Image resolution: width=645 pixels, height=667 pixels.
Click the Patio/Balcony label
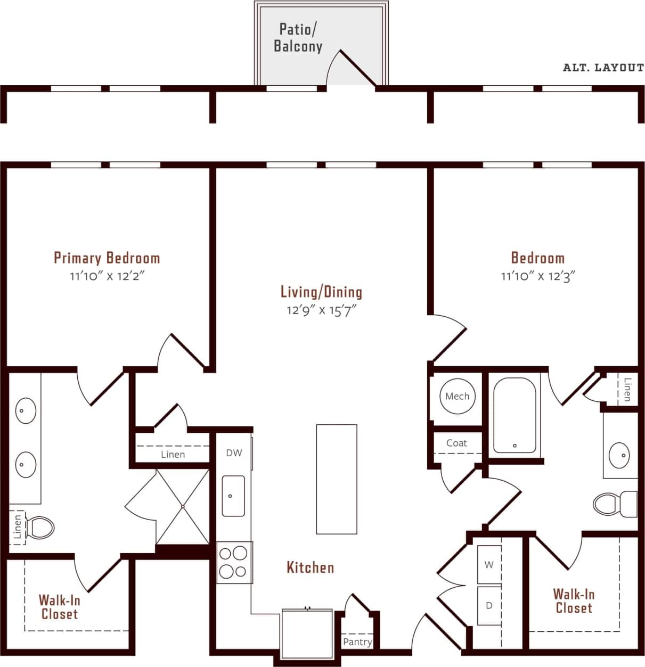click(298, 38)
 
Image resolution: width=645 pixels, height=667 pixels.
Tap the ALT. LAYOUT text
click(603, 68)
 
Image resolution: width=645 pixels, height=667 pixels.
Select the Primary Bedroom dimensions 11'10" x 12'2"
click(107, 276)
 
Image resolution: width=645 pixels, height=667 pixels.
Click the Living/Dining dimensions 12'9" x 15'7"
click(321, 310)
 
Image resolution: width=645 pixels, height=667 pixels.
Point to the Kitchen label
click(310, 567)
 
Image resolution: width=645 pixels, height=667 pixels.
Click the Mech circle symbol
click(457, 396)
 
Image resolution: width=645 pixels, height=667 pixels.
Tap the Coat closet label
click(456, 443)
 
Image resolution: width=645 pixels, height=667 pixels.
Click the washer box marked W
click(489, 564)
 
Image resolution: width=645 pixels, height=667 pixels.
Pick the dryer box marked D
click(489, 605)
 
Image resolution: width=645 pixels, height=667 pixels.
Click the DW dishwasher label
click(234, 452)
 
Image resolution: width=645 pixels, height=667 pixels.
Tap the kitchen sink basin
click(233, 496)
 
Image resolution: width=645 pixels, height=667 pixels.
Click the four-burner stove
click(234, 562)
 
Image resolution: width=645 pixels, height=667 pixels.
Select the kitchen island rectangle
click(336, 479)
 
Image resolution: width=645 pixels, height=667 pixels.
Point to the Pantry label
click(357, 641)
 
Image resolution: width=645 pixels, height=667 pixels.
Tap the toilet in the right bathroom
click(614, 504)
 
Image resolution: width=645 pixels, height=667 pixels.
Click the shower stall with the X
click(182, 506)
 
